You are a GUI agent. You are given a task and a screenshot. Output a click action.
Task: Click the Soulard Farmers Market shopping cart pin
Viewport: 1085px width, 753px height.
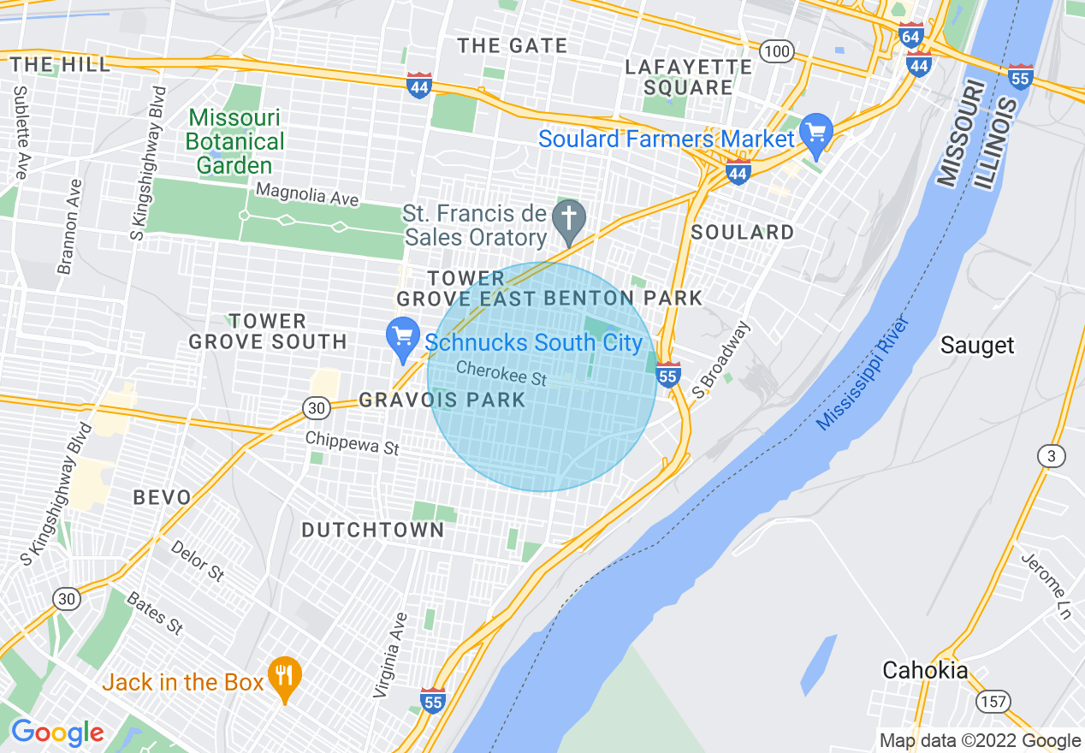[x=816, y=135]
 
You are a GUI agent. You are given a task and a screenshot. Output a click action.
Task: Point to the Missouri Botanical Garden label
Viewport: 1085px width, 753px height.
[x=234, y=141]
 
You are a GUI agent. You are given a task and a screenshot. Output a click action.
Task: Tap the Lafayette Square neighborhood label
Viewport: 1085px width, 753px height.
[x=688, y=77]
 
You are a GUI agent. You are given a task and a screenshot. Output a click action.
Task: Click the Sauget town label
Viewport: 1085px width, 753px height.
[x=976, y=346]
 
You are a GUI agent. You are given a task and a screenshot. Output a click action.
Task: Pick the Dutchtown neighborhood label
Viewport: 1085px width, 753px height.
[x=373, y=531]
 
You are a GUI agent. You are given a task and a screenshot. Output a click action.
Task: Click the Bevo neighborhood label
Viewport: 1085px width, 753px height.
[x=163, y=497]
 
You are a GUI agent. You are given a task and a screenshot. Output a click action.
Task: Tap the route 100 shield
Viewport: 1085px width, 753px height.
[x=777, y=52]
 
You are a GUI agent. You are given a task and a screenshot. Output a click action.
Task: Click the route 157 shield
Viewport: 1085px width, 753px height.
[x=993, y=702]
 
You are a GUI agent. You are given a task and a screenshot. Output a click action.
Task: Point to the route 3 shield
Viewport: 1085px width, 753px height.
[x=1051, y=456]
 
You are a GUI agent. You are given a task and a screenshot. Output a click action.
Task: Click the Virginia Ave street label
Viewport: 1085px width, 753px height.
[x=389, y=655]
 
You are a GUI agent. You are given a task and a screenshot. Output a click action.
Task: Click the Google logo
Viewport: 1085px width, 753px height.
[x=56, y=732]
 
